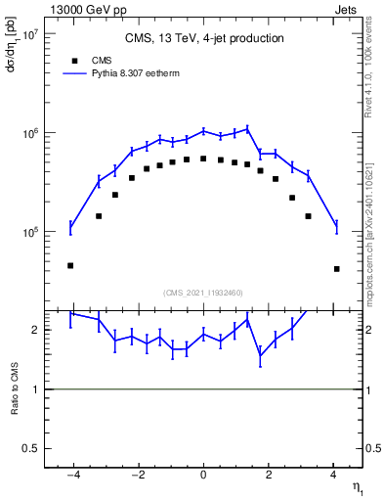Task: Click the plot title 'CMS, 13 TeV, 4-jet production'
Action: (x=203, y=39)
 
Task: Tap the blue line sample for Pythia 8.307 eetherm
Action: (x=74, y=72)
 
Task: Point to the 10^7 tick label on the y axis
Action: (x=27, y=33)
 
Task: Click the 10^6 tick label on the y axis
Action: (x=27, y=133)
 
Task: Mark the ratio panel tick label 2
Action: (x=34, y=331)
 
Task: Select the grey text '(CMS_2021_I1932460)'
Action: (x=203, y=292)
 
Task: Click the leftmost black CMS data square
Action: (x=70, y=265)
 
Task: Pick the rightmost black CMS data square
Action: (x=336, y=269)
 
